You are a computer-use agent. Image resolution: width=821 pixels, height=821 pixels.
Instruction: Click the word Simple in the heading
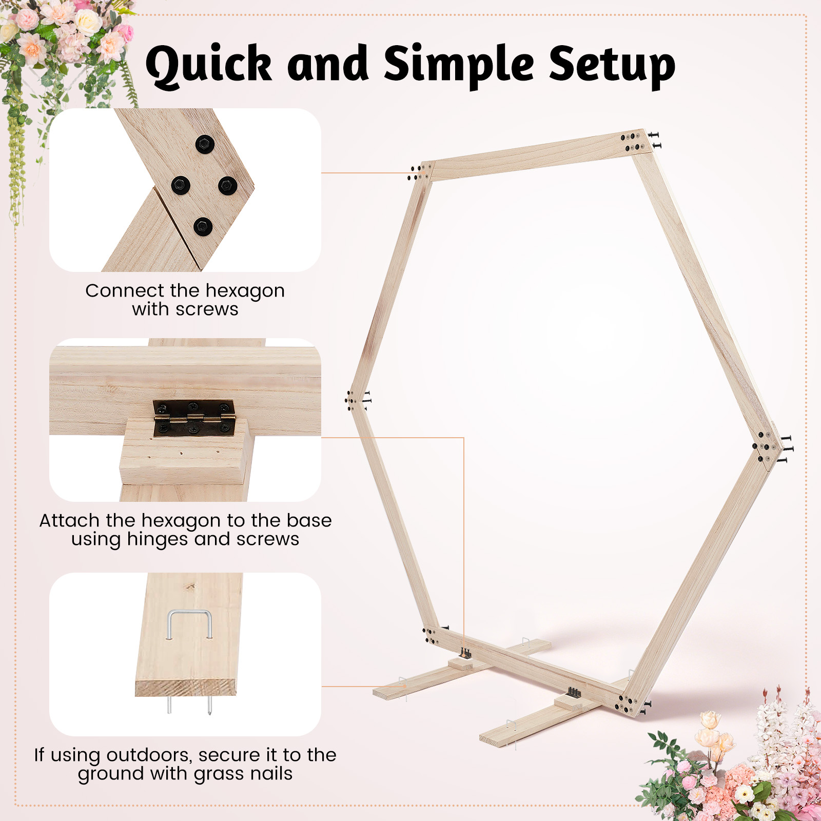pyautogui.click(x=460, y=65)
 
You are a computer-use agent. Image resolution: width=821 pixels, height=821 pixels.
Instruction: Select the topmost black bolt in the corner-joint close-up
pyautogui.click(x=205, y=145)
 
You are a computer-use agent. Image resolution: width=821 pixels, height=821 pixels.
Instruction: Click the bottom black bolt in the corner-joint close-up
pyautogui.click(x=203, y=226)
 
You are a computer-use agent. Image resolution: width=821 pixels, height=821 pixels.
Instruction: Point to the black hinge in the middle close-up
pyautogui.click(x=194, y=419)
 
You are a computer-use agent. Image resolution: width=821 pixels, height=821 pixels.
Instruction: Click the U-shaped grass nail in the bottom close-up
pyautogui.click(x=189, y=624)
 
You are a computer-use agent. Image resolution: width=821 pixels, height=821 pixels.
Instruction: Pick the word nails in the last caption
pyautogui.click(x=267, y=773)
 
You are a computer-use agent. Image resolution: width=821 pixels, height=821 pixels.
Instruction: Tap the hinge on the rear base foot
pyautogui.click(x=465, y=654)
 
